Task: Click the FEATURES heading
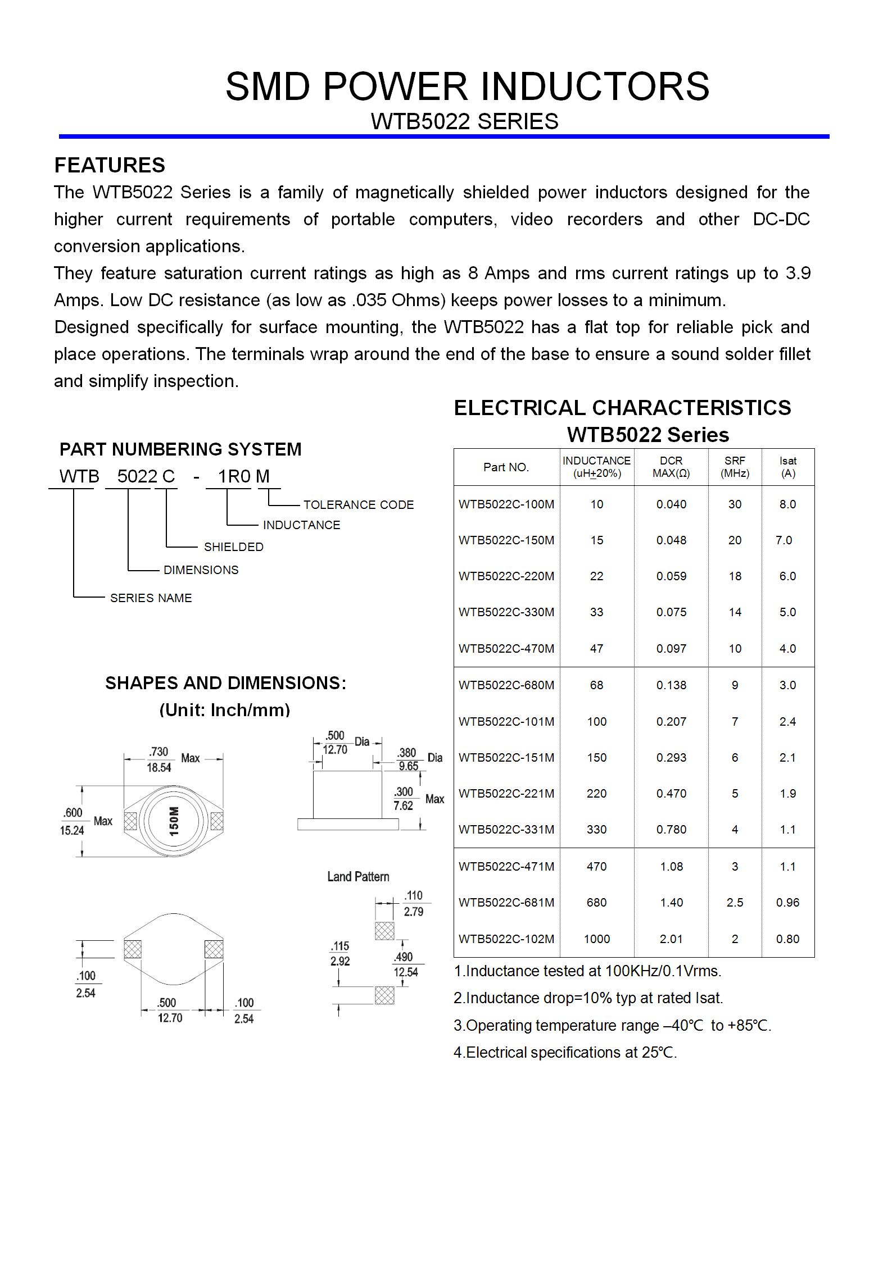(x=110, y=165)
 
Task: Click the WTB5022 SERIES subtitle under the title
(x=464, y=121)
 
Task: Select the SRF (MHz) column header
(x=735, y=467)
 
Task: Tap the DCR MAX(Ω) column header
(x=671, y=467)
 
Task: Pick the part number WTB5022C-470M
(x=506, y=648)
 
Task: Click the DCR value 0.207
(x=671, y=721)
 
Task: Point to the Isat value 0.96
(x=787, y=902)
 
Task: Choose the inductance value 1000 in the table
(x=596, y=939)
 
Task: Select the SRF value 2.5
(x=735, y=902)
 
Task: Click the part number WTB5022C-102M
(x=506, y=939)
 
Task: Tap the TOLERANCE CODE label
(x=359, y=504)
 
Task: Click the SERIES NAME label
(x=151, y=598)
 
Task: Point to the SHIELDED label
(x=233, y=547)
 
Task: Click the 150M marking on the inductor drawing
(x=174, y=821)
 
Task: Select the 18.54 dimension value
(x=159, y=767)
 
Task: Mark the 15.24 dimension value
(x=72, y=830)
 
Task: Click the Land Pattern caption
(x=358, y=876)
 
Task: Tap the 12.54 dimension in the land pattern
(x=405, y=972)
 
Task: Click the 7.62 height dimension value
(x=403, y=805)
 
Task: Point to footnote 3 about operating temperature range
(x=612, y=1025)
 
